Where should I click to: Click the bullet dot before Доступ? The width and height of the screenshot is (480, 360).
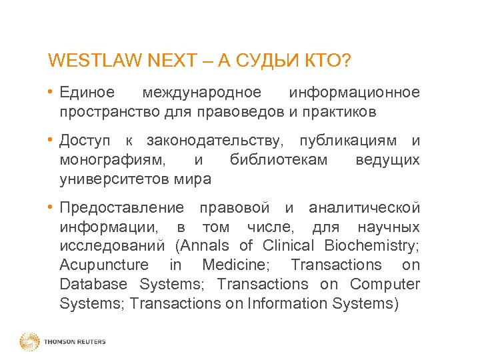(x=51, y=141)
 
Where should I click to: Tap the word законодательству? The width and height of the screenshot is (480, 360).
(x=214, y=141)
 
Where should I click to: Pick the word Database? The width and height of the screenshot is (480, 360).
(x=93, y=284)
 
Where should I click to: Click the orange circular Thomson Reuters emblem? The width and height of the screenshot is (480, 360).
(x=29, y=341)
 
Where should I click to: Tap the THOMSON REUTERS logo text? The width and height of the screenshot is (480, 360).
(x=75, y=342)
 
